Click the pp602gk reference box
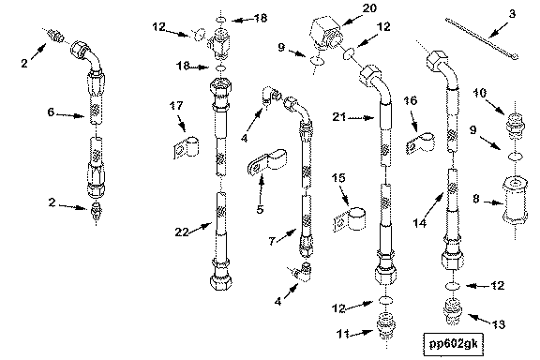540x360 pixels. tap(453, 343)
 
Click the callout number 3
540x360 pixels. tap(513, 14)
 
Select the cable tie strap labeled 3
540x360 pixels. tap(482, 38)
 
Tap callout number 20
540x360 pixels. tap(369, 7)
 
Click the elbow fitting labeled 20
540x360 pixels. tap(326, 35)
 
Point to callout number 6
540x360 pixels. tap(51, 112)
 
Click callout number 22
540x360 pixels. tap(182, 232)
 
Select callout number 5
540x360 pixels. tap(260, 209)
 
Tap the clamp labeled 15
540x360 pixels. tap(351, 218)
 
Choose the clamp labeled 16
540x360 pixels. tap(420, 142)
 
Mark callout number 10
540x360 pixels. tap(480, 93)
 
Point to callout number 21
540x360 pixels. tap(339, 117)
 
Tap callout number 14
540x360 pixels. tap(420, 223)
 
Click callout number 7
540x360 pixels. tap(272, 241)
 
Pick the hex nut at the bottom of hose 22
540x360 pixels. tap(220, 278)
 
